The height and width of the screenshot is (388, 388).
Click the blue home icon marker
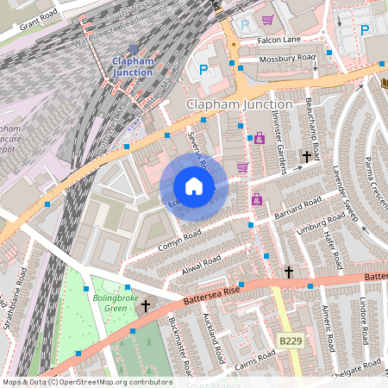coord(194,186)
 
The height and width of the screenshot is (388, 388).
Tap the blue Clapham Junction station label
coord(132,66)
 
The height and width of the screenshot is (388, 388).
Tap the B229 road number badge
coord(291,342)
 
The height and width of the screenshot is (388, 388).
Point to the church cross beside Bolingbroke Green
coord(146,305)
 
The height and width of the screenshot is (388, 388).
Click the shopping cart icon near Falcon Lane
coord(268,20)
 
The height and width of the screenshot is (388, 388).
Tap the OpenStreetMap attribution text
coord(87,381)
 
